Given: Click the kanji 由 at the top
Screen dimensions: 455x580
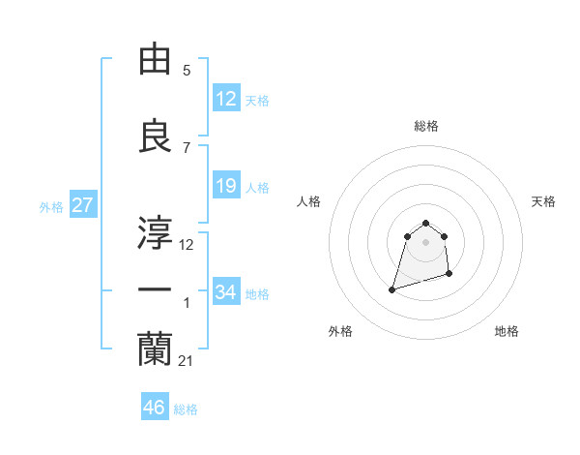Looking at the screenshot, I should [x=155, y=60].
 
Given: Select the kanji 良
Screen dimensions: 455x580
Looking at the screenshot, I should [x=155, y=136].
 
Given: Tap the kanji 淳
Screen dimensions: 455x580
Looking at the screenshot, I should [x=155, y=230].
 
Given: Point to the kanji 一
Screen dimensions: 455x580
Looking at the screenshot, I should [x=155, y=290].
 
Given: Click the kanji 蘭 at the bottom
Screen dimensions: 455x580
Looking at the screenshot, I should [x=155, y=349].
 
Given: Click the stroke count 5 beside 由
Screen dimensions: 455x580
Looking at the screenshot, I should [x=187, y=71].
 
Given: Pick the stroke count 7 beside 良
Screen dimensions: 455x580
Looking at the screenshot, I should [x=187, y=147].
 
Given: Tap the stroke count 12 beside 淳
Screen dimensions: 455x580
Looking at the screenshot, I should [x=187, y=244].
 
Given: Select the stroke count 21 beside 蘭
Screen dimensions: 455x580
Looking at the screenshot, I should [x=187, y=360].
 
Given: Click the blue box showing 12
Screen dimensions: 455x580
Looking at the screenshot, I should [x=225, y=98].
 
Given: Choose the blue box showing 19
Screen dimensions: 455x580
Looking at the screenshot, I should [x=225, y=186].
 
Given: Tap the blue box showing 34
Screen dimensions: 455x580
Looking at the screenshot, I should [x=225, y=291].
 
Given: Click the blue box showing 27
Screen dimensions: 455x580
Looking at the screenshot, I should [x=82, y=205].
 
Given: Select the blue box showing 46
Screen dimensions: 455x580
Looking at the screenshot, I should [x=155, y=408].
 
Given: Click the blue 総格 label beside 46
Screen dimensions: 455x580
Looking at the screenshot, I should [x=186, y=409].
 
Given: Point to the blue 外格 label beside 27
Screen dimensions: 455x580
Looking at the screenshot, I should [x=50, y=206].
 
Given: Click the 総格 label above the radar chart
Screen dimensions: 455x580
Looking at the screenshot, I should [x=426, y=126].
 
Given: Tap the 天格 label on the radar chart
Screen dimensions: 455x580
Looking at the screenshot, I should [x=543, y=201].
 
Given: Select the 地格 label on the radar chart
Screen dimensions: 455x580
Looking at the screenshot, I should [x=507, y=331].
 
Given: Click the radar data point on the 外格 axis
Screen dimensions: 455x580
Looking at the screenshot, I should [x=392, y=288].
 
